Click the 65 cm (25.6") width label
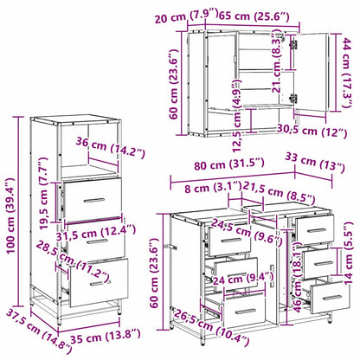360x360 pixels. pyautogui.click(x=258, y=15)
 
